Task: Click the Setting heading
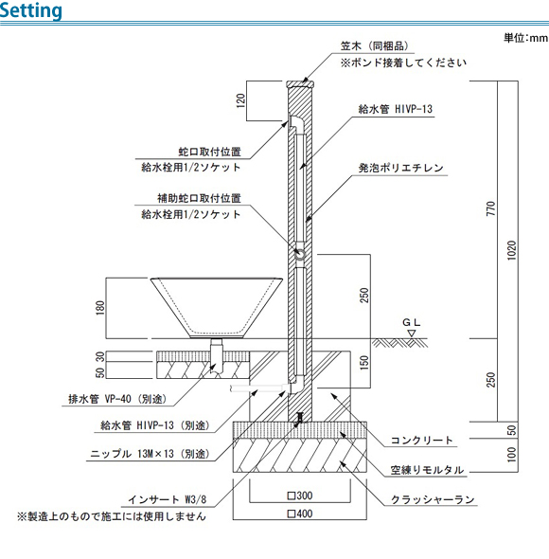point(30,10)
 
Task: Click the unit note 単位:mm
point(525,38)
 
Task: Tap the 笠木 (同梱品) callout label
point(375,46)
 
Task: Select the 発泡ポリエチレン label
point(400,168)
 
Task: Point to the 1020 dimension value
point(511,251)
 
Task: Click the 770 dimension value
point(491,208)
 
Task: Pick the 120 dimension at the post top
point(240,100)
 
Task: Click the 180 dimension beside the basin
point(100,308)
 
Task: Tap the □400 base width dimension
point(300,514)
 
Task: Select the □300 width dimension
point(300,496)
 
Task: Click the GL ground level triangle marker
point(412,334)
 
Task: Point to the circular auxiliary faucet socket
point(300,255)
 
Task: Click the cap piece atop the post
point(300,84)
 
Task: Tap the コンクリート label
point(422,441)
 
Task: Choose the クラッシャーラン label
point(433,499)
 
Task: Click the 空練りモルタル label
point(427,470)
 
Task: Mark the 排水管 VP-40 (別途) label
point(117,399)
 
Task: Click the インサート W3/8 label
point(168,499)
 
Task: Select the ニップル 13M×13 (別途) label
point(150,454)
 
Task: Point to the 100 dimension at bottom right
point(511,455)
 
